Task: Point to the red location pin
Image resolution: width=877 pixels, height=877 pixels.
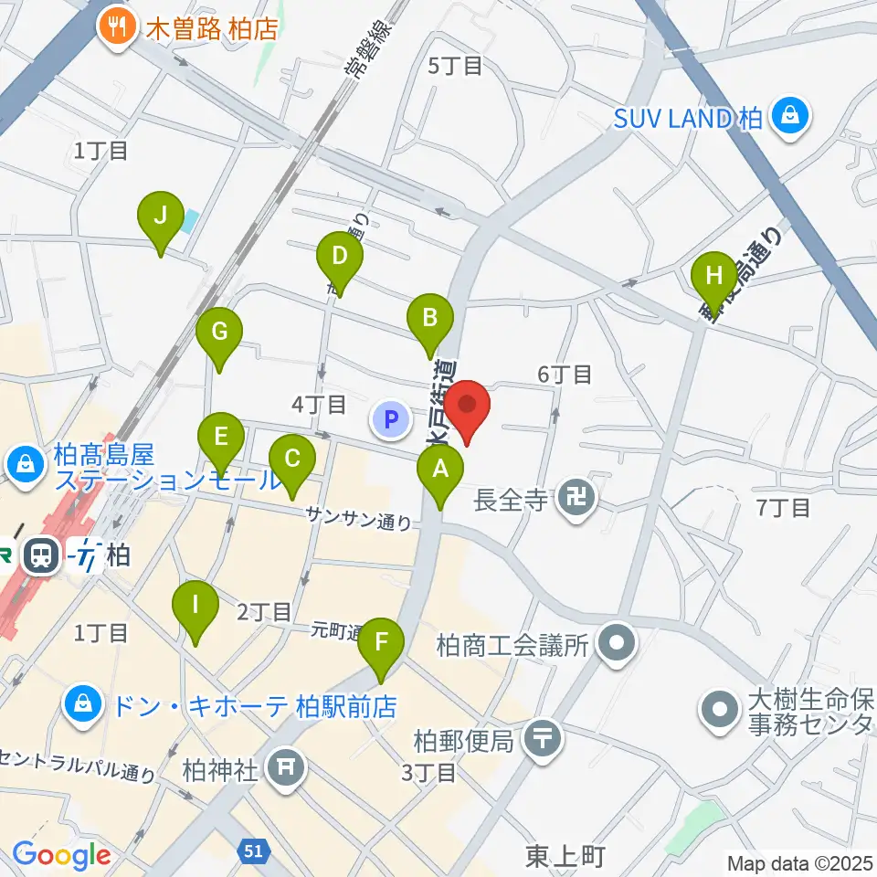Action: click(468, 407)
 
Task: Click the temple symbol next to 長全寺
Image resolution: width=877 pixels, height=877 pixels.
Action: click(576, 500)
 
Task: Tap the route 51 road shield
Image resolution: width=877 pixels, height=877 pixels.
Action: click(255, 851)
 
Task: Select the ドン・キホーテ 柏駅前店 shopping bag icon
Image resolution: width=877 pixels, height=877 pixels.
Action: click(83, 704)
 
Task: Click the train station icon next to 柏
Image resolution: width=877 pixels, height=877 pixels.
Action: click(41, 554)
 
